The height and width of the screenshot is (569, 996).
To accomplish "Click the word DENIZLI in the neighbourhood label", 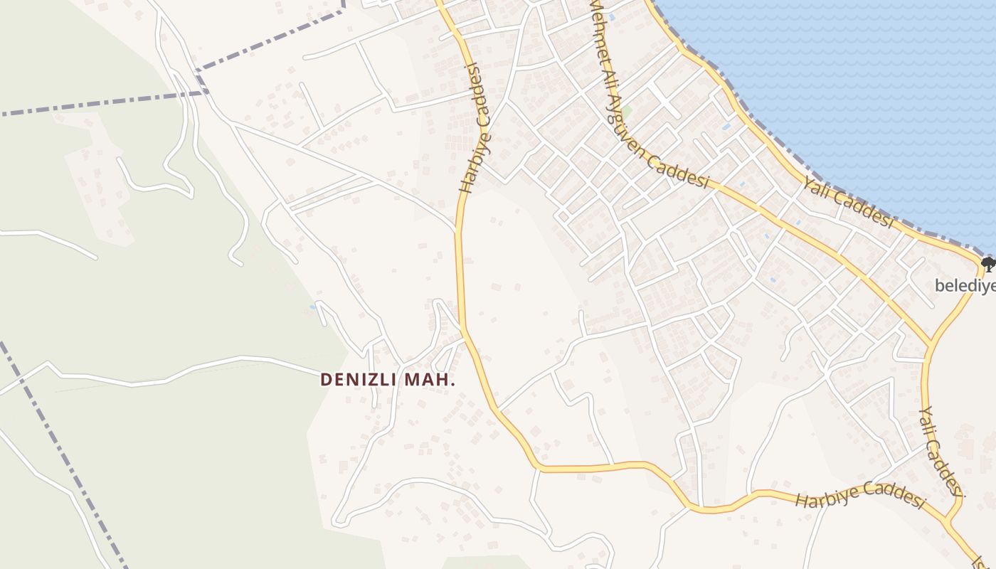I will coord(359,380).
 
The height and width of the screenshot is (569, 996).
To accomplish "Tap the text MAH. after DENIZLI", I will coord(430,380).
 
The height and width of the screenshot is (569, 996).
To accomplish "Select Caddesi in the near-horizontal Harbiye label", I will coord(892,494).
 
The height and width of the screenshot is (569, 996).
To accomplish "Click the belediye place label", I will coord(965,286).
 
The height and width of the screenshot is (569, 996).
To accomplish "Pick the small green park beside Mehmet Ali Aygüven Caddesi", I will coord(627,112).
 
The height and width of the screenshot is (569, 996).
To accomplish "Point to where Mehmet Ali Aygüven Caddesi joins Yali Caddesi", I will coord(928,346).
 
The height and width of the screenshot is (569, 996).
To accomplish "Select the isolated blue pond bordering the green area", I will coord(313,307).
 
